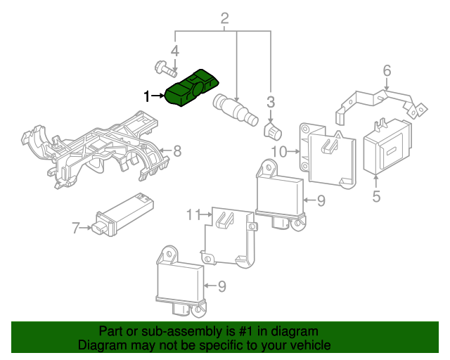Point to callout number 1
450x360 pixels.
pos(147,96)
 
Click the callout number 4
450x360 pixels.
pos(175,51)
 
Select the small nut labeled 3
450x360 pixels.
pos(271,131)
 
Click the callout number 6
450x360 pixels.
pos(387,70)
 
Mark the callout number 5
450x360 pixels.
pos(376,197)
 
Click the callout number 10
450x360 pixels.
pos(278,151)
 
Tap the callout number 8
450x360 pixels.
pos(177,150)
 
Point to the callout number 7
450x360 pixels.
pos(75,228)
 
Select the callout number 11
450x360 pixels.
pos(193,214)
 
